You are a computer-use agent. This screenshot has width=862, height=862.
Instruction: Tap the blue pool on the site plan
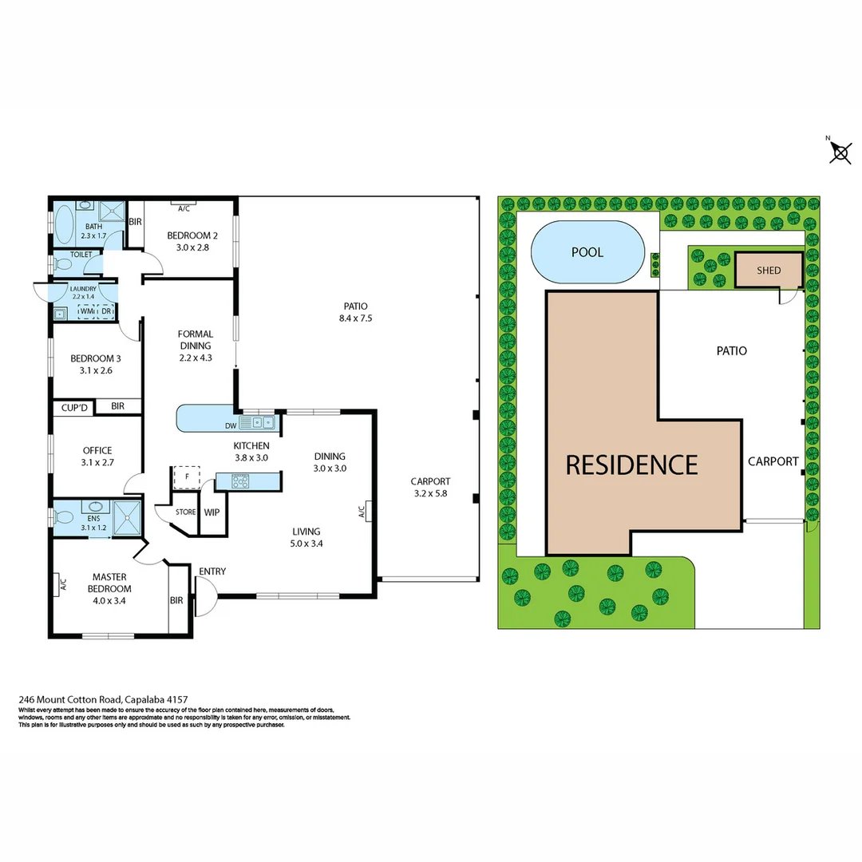tap(587, 251)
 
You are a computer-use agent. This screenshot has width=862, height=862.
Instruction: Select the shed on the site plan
tap(769, 270)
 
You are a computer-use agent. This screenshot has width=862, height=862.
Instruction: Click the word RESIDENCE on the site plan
tap(631, 465)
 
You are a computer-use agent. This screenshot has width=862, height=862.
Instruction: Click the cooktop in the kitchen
tap(240, 480)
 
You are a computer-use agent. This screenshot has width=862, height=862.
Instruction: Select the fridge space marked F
tap(187, 477)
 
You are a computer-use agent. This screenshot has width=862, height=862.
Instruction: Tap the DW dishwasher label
tap(231, 425)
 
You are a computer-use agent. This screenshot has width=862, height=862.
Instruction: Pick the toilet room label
tap(82, 255)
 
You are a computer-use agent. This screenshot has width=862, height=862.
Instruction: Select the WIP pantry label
tap(212, 512)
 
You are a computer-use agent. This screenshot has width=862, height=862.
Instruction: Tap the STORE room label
tap(185, 512)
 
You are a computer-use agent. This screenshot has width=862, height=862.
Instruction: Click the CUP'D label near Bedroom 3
tap(73, 407)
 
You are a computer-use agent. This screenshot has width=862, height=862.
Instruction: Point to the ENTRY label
tap(212, 571)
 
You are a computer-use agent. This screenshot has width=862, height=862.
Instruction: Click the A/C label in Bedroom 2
tap(184, 208)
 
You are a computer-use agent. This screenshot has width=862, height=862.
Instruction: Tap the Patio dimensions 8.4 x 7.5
tap(356, 318)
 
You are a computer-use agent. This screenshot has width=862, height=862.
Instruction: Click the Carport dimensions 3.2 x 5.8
tap(430, 494)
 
